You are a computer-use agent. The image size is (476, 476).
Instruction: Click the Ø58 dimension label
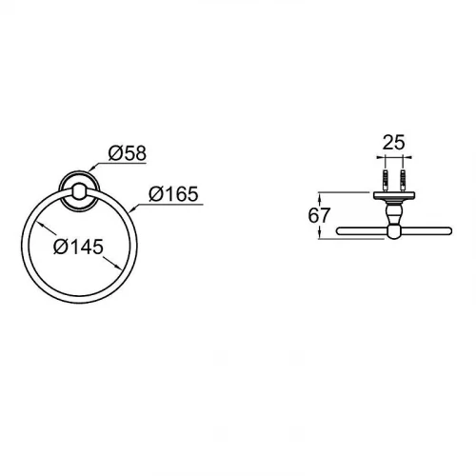[x=128, y=153]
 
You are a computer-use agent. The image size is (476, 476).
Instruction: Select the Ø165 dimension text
[x=173, y=194]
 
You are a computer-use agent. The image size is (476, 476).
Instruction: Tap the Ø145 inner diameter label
[x=79, y=247]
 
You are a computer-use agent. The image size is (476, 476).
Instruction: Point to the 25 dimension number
[x=394, y=142]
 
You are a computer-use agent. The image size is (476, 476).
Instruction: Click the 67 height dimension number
[x=319, y=215]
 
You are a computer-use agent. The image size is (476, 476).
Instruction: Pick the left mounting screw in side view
[x=386, y=182]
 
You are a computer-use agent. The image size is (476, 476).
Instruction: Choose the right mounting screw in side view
[x=404, y=182]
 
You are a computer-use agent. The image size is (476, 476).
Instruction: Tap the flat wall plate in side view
[x=394, y=195]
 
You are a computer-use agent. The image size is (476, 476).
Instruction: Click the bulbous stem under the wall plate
[x=394, y=212]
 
